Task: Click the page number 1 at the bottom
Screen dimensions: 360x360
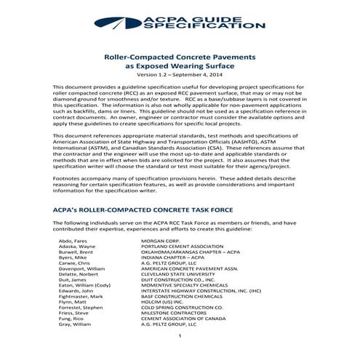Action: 180,356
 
